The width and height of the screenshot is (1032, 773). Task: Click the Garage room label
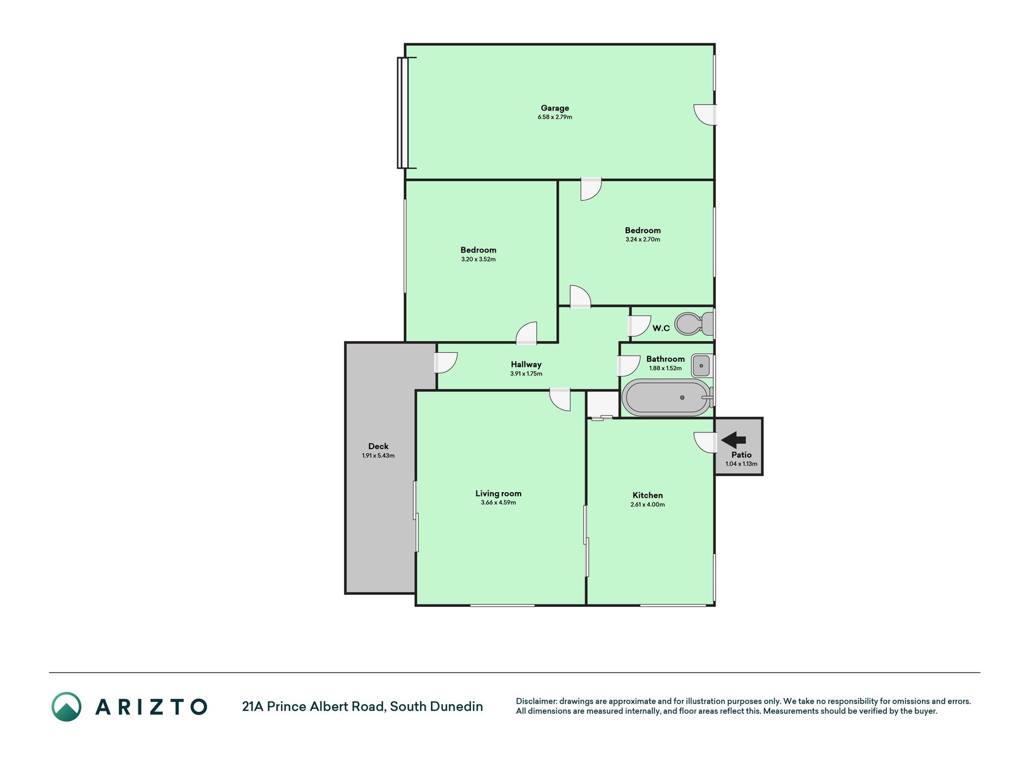click(554, 108)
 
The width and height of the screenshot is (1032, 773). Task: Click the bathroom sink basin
click(702, 366)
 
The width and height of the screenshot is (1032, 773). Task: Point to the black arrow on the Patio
click(733, 440)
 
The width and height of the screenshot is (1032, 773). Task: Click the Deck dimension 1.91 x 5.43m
click(378, 455)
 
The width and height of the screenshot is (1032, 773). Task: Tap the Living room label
click(498, 493)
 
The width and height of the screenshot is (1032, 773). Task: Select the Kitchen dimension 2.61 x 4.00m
click(647, 504)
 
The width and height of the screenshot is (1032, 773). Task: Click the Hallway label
click(526, 364)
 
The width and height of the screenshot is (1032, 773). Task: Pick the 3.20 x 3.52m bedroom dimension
click(478, 259)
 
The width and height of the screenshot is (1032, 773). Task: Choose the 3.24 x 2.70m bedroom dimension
click(643, 239)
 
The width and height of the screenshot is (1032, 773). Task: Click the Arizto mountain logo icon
click(66, 707)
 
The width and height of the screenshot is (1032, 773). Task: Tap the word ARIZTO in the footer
click(151, 707)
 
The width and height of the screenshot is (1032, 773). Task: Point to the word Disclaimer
click(536, 701)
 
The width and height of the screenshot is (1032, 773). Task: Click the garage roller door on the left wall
click(403, 112)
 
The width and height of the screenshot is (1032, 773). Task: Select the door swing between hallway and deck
click(446, 362)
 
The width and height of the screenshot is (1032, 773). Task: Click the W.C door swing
click(639, 326)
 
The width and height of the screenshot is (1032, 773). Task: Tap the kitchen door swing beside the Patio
click(705, 443)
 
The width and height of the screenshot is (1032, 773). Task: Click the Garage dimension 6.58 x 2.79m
click(554, 117)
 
